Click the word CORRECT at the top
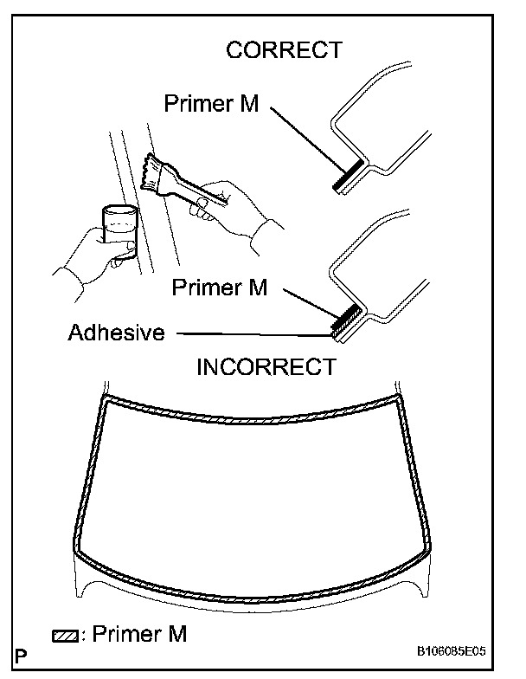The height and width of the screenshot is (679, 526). tap(284, 50)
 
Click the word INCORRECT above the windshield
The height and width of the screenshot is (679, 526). tap(266, 366)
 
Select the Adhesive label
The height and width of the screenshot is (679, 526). tap(116, 333)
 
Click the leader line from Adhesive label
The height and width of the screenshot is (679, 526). tap(251, 333)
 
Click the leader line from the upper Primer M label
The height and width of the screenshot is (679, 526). tap(303, 139)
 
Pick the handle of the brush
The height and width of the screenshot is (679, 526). tap(195, 188)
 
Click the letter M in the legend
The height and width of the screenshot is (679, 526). tap(176, 635)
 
